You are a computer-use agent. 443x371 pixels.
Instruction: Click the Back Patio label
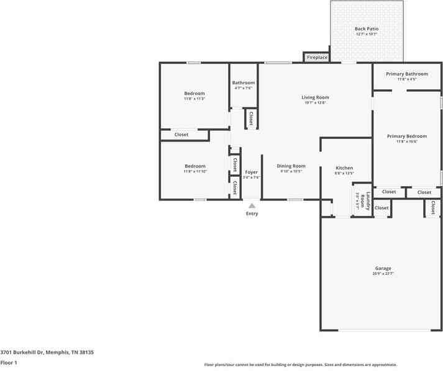coord(367,29)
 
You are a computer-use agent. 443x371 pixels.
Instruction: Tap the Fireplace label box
coord(317,57)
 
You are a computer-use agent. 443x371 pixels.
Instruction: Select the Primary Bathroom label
coord(406,74)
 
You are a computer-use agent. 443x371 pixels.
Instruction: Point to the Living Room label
coord(315,97)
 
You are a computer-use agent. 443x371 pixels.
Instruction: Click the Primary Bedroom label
coord(406,136)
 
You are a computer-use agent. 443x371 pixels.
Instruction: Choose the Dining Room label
coord(291,166)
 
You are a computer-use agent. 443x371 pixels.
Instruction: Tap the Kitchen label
coord(344,168)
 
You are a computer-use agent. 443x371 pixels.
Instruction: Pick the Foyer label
coord(251,172)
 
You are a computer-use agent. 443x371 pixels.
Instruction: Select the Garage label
coord(383,269)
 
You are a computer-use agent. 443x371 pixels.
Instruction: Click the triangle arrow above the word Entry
coord(252,205)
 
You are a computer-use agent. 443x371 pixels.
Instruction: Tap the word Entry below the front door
coord(252,213)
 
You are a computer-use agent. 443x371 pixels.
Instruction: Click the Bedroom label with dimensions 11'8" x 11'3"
coord(194,94)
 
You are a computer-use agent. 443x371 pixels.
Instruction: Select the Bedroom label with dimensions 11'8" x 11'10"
coord(194,166)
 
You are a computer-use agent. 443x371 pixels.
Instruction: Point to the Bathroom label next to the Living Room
coord(243,83)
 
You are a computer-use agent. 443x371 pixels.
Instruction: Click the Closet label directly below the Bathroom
coord(251,118)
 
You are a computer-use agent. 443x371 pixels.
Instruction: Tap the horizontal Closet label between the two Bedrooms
coord(181,135)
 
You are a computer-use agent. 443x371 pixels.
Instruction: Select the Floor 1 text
coord(9,362)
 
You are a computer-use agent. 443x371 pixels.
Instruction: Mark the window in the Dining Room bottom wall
coord(295,199)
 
